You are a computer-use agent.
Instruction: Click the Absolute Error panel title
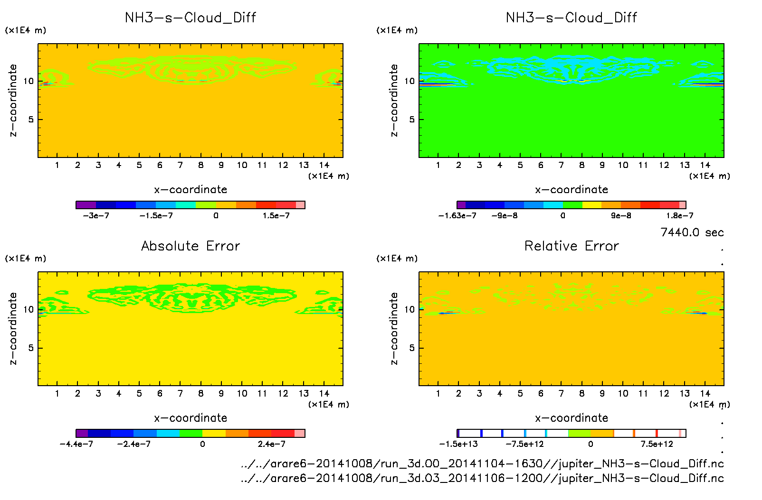(190, 246)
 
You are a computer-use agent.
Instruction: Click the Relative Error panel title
(571, 246)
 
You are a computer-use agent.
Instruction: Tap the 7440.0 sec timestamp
(692, 232)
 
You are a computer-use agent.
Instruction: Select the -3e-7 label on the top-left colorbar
(96, 216)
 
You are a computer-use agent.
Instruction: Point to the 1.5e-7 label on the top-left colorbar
(276, 216)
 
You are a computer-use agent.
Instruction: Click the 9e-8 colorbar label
(621, 216)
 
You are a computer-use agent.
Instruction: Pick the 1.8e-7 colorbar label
(679, 216)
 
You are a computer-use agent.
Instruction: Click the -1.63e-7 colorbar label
(457, 216)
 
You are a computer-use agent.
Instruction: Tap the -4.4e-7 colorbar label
(76, 444)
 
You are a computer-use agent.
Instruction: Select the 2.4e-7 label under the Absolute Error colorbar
(272, 444)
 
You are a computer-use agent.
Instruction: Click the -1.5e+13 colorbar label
(458, 444)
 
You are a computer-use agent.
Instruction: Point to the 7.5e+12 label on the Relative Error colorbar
(657, 444)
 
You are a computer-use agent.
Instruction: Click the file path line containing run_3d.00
(482, 463)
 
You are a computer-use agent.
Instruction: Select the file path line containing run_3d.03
(482, 478)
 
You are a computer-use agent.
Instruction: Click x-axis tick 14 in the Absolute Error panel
(324, 393)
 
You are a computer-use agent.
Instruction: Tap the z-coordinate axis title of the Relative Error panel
(394, 328)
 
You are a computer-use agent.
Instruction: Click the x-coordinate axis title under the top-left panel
(190, 190)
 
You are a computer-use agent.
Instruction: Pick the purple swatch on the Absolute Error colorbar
(82, 433)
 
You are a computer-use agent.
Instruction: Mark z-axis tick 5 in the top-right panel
(412, 120)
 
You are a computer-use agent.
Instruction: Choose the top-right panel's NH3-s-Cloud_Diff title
(571, 18)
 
